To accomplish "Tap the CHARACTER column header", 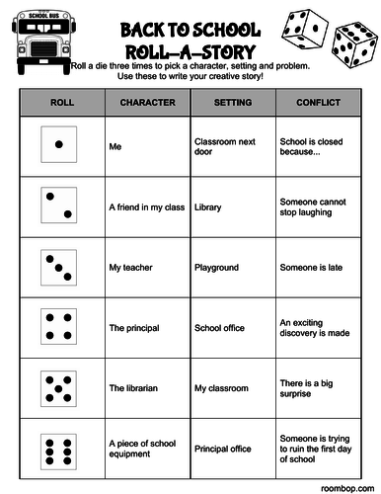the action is (147, 102).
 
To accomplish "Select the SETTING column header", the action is (232, 102).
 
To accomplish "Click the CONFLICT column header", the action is (318, 102).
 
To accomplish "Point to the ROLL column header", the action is (61, 102).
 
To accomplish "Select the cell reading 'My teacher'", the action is (128, 267).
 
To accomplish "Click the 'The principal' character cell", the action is (132, 327).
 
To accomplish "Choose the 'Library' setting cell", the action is (208, 207).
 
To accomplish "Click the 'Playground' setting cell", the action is (216, 267).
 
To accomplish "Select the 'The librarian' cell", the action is (132, 386).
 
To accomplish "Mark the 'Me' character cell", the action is (114, 146).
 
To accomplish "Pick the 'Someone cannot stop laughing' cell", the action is (315, 207).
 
